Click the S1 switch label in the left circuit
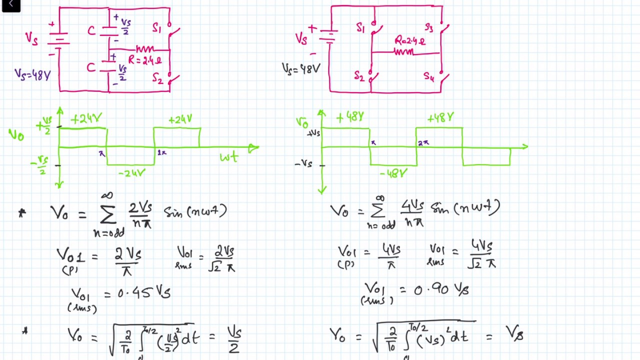(157, 28)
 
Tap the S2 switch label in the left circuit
(157, 78)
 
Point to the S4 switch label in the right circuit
(429, 76)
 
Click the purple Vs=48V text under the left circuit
(32, 75)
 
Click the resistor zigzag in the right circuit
(404, 51)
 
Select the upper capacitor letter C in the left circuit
(91, 30)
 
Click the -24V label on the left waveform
(132, 173)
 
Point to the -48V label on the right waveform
(393, 173)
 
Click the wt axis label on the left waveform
(229, 157)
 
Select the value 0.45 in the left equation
(134, 293)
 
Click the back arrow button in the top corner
(10, 5)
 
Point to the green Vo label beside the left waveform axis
(16, 134)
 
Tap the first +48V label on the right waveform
(349, 117)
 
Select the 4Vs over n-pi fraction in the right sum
(412, 212)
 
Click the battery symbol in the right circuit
(328, 37)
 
